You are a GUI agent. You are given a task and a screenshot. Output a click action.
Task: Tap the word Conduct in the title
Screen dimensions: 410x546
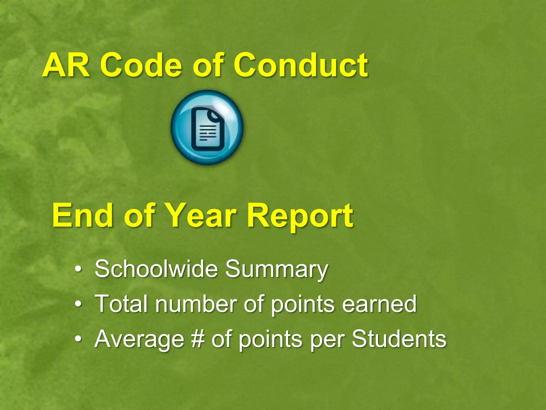click(300, 65)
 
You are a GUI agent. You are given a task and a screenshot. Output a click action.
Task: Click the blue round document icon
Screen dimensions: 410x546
click(207, 127)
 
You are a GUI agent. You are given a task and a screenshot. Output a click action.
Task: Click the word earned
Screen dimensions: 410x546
click(379, 304)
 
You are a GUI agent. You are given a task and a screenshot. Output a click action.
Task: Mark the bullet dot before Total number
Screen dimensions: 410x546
click(78, 304)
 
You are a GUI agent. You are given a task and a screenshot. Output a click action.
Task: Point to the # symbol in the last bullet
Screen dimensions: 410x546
click(197, 339)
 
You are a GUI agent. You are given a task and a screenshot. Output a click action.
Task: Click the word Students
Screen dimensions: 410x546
click(399, 339)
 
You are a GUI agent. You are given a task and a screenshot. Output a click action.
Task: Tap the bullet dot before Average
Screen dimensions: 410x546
click(78, 339)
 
